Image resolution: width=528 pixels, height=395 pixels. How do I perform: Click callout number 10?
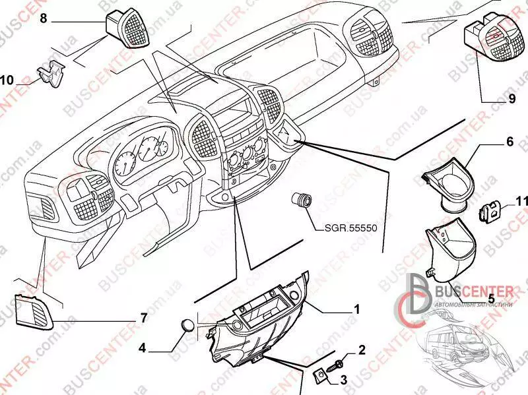click(x=7, y=81)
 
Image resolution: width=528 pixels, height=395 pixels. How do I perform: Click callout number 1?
click(x=357, y=309)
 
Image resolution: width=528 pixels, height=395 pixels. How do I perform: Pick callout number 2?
click(x=362, y=349)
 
